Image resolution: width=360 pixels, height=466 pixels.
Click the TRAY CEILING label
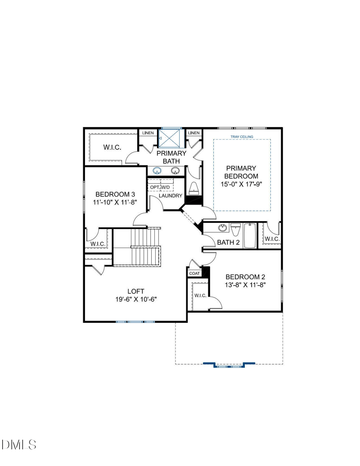242,137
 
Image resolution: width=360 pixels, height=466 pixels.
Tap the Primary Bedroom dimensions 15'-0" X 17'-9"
241,184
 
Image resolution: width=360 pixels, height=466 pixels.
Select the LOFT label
136,291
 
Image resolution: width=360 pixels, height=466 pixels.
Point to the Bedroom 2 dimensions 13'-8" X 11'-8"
245,285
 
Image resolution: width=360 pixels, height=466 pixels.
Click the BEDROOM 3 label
115,195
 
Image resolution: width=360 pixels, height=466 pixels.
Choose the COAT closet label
194,273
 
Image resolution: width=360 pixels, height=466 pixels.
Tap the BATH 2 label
229,242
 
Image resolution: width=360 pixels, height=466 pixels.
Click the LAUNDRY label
170,195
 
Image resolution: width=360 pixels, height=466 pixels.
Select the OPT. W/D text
160,187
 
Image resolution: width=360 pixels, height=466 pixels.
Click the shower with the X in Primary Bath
170,138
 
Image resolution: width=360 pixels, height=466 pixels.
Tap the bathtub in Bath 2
250,235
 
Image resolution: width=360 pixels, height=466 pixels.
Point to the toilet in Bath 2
235,230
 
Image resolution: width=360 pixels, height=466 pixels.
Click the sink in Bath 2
222,228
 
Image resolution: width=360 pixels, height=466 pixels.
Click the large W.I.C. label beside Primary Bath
112,147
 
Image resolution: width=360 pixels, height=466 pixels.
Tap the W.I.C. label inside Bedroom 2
201,295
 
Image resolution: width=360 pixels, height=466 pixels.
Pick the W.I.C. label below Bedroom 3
98,244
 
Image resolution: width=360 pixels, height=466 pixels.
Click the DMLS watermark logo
19,444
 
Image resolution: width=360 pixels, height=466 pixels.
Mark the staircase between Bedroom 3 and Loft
137,247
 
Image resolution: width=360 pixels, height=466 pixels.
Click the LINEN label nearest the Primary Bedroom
194,133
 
